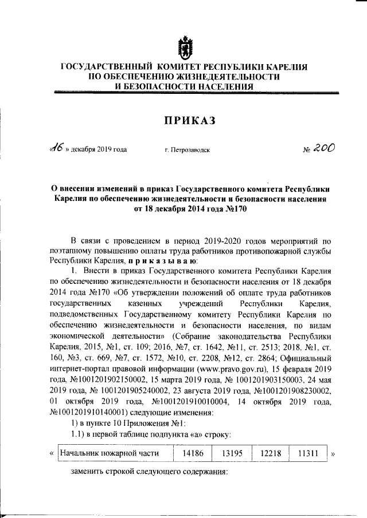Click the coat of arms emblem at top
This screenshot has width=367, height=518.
pyautogui.click(x=183, y=47)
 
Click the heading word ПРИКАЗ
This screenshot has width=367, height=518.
pyautogui.click(x=183, y=120)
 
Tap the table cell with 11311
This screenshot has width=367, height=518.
pyautogui.click(x=306, y=453)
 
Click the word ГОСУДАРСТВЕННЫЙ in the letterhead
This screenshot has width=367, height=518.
pyautogui.click(x=106, y=67)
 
